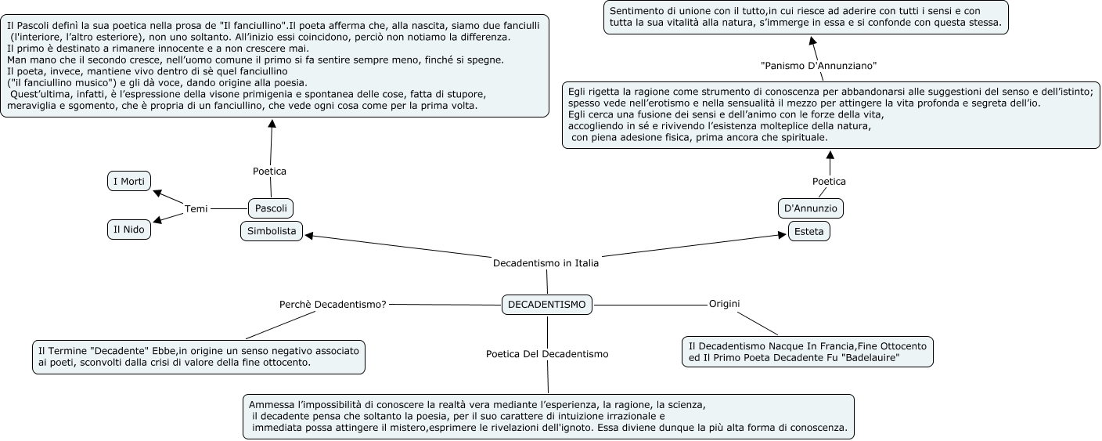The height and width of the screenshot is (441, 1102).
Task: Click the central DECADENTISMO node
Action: [546, 305]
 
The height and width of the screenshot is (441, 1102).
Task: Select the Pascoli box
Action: [271, 208]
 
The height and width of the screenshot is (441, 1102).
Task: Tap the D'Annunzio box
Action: [811, 208]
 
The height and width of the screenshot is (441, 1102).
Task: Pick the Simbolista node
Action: [272, 231]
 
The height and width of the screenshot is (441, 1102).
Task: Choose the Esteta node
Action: [808, 232]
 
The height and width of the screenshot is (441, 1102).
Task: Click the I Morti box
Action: [129, 182]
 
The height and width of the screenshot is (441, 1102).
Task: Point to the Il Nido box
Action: [129, 230]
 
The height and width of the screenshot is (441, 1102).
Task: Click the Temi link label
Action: [196, 208]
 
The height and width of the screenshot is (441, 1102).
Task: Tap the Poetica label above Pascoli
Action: [269, 171]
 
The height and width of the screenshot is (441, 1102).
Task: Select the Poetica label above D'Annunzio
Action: [829, 181]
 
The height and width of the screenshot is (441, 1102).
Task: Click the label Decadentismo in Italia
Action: [546, 263]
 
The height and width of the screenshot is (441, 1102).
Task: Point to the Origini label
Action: [724, 303]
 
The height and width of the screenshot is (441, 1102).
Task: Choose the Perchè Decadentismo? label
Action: [333, 304]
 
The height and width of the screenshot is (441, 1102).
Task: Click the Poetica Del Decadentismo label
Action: [547, 354]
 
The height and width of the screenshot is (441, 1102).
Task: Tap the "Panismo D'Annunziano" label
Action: [819, 64]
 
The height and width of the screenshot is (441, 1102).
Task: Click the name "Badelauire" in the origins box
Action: [868, 358]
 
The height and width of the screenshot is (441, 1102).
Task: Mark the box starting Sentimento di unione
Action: [805, 17]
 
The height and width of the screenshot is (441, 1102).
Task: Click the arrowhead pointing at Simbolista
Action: [308, 234]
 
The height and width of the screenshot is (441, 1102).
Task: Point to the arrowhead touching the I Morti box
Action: [156, 192]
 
